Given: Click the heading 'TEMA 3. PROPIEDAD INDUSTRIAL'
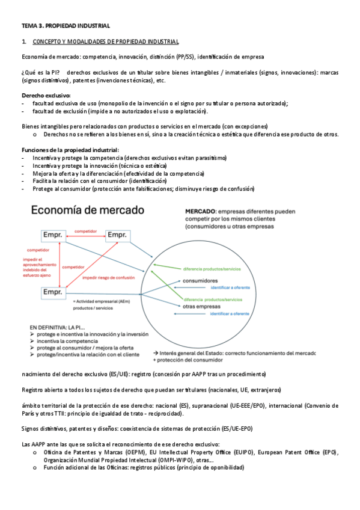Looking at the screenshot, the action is coord(66,26).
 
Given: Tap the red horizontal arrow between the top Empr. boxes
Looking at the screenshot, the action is coord(86,236).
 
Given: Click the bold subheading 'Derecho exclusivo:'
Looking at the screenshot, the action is coord(46,96).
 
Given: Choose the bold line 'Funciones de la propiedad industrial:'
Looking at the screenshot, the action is coord(70,150).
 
